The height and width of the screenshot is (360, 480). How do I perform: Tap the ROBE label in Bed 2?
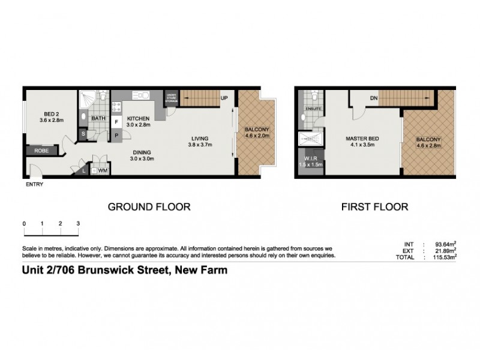[41, 151]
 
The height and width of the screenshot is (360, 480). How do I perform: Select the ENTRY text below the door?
[34, 184]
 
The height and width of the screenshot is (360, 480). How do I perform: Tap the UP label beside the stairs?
[224, 98]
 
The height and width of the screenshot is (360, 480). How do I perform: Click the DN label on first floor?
[373, 98]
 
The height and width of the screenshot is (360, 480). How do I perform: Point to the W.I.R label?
[310, 158]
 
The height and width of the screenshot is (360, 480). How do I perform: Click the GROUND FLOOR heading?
[149, 207]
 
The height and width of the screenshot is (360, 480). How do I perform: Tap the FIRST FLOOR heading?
[374, 207]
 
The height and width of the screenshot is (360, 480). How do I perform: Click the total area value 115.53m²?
[441, 257]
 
